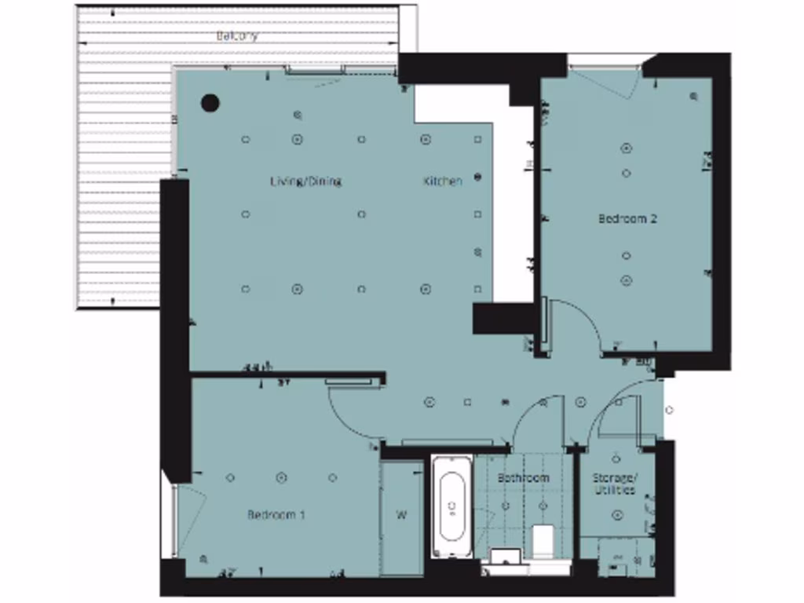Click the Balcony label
237,36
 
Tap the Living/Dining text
305,181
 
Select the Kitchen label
443,181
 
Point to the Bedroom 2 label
627,218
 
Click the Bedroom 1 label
276,515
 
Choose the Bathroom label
523,477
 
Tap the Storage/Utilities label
614,484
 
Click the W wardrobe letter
401,516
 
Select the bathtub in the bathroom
452,508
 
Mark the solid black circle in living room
210,102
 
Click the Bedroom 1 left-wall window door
188,518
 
